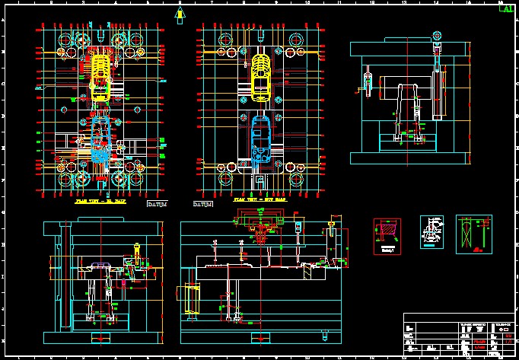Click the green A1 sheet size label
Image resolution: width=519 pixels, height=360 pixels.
point(505,8)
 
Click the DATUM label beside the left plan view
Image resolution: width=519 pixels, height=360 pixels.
point(157,205)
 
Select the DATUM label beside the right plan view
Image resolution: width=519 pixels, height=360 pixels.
point(202,205)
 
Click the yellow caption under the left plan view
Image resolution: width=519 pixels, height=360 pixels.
point(98,203)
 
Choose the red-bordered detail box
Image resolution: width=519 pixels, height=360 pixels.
point(387,236)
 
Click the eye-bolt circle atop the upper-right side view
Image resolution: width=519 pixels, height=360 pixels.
point(437,35)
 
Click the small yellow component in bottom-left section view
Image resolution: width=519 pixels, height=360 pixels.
point(136,250)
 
